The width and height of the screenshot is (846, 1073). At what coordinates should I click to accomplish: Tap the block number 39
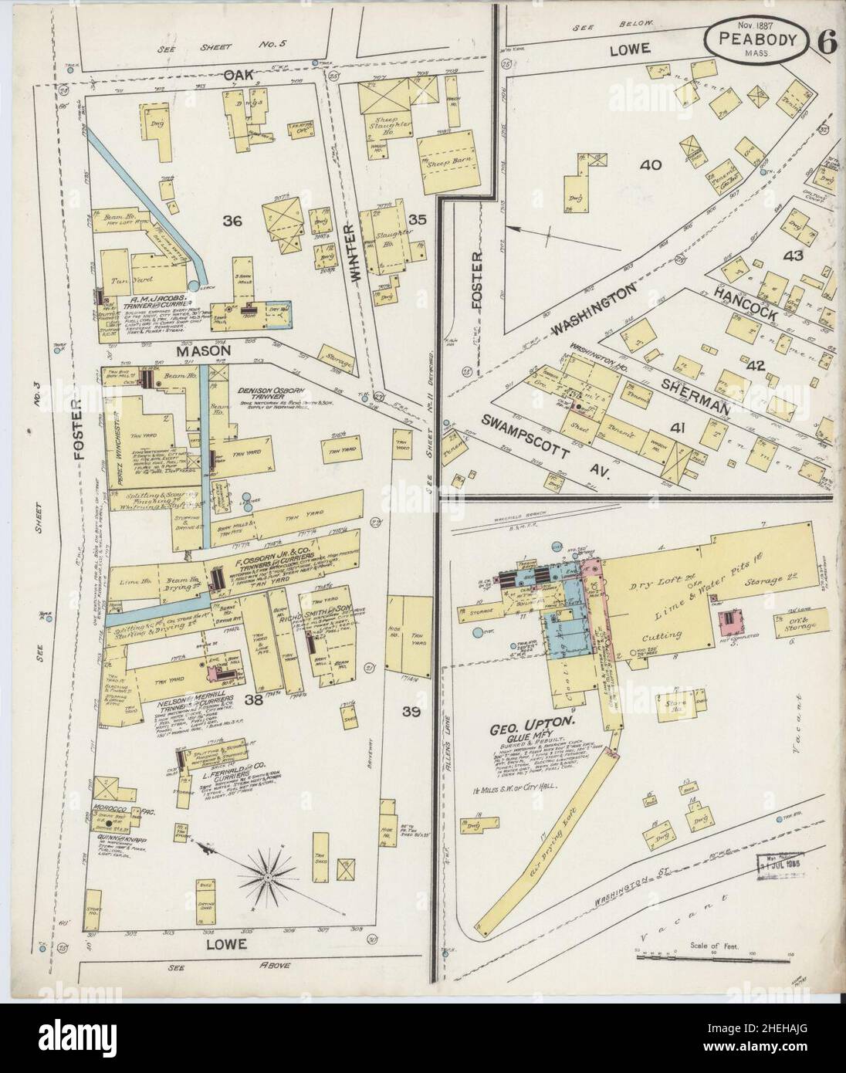(x=411, y=713)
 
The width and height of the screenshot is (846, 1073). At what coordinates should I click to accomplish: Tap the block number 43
(x=793, y=256)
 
